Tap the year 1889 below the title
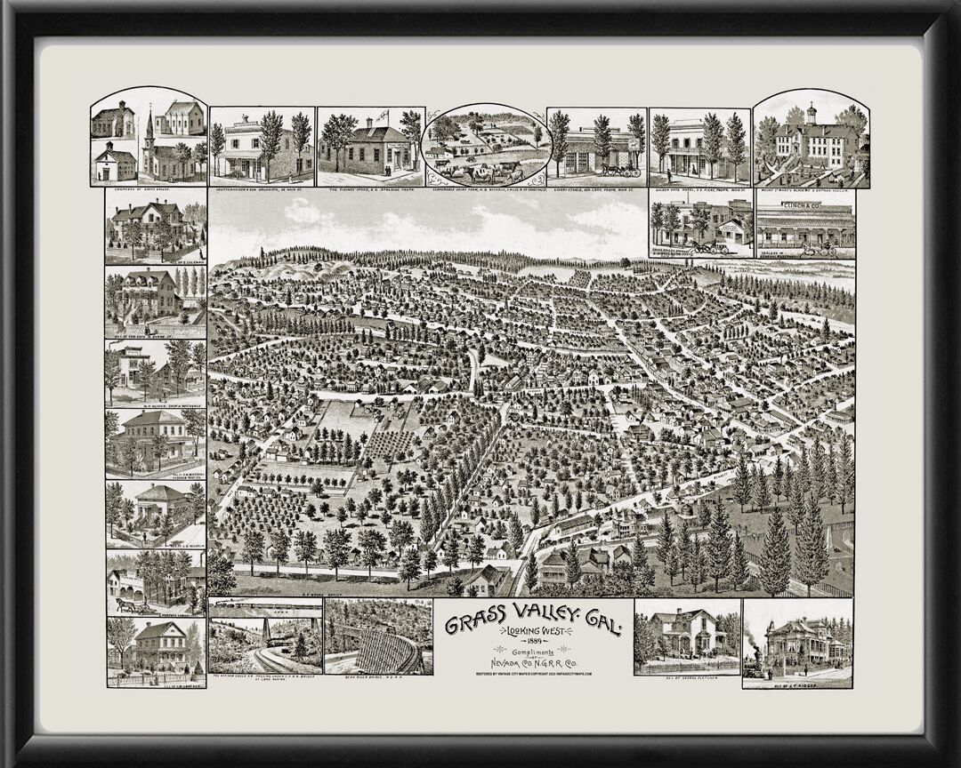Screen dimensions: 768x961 coord(532,642)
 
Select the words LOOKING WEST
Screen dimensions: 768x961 coord(532,630)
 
